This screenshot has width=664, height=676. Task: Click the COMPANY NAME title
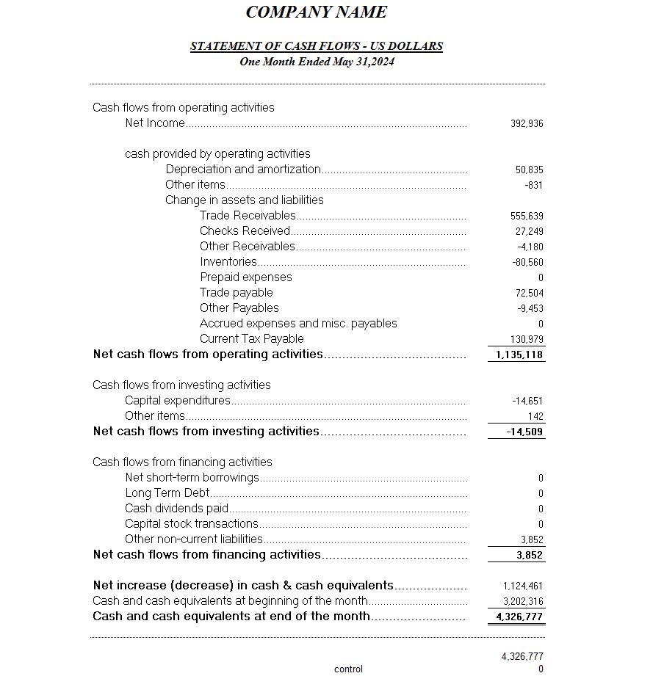click(316, 12)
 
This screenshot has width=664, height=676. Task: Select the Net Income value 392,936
click(527, 124)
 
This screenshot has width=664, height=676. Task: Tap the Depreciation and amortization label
click(243, 170)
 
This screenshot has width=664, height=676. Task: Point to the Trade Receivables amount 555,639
click(527, 217)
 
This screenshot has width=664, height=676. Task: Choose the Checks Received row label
click(245, 231)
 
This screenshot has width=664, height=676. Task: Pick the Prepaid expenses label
click(246, 277)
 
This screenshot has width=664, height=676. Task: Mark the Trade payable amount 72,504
click(529, 294)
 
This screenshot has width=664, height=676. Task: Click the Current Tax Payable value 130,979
click(527, 340)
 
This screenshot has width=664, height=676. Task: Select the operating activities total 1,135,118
click(519, 355)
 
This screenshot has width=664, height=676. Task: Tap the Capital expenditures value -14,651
click(527, 401)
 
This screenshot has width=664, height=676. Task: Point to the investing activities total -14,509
click(524, 432)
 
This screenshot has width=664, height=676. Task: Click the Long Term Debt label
click(167, 493)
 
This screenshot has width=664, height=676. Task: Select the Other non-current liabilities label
click(194, 539)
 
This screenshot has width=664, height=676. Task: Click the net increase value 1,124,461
click(523, 586)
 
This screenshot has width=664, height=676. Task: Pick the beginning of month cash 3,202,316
click(523, 602)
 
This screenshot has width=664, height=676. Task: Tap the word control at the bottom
click(348, 669)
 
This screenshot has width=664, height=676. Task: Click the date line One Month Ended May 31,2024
click(317, 62)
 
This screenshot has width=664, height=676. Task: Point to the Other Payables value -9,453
click(530, 309)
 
